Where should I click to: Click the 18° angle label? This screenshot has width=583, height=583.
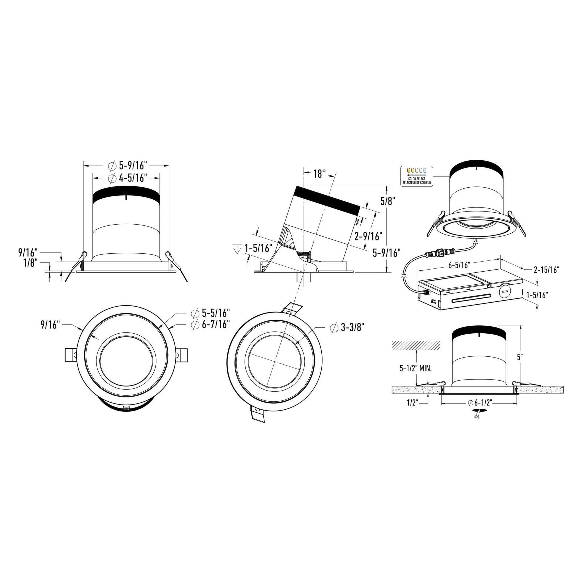click(x=319, y=174)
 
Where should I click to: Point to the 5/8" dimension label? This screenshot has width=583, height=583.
click(x=387, y=201)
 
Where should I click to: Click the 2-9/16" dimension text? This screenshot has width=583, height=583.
click(x=368, y=236)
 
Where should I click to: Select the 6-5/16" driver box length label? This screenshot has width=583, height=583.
click(x=459, y=265)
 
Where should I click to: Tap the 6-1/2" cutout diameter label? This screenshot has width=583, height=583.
click(x=479, y=403)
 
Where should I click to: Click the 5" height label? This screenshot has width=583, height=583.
click(x=520, y=358)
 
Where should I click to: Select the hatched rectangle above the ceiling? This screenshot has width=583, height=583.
click(x=416, y=346)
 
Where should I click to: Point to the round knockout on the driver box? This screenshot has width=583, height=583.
click(x=504, y=291)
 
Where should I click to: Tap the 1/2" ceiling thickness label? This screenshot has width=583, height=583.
click(x=412, y=403)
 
